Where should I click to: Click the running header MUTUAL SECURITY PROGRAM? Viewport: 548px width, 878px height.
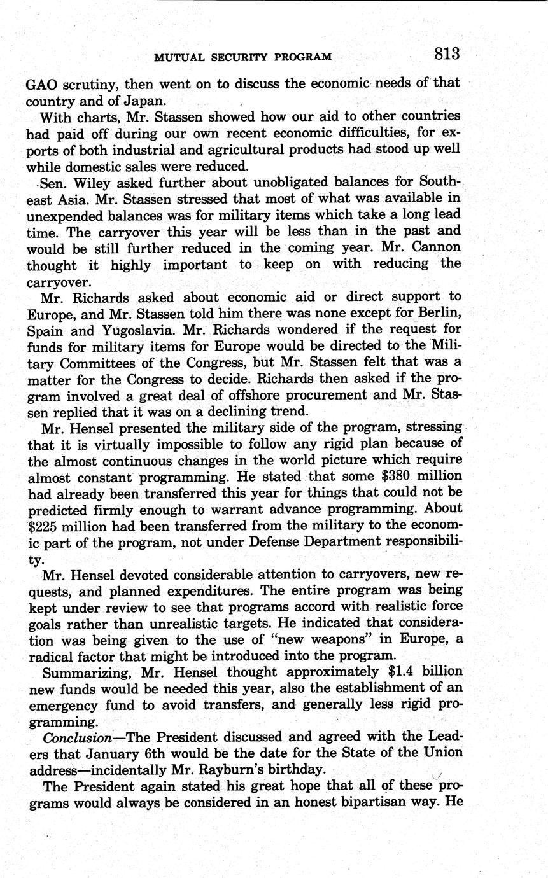[x=243, y=57]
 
